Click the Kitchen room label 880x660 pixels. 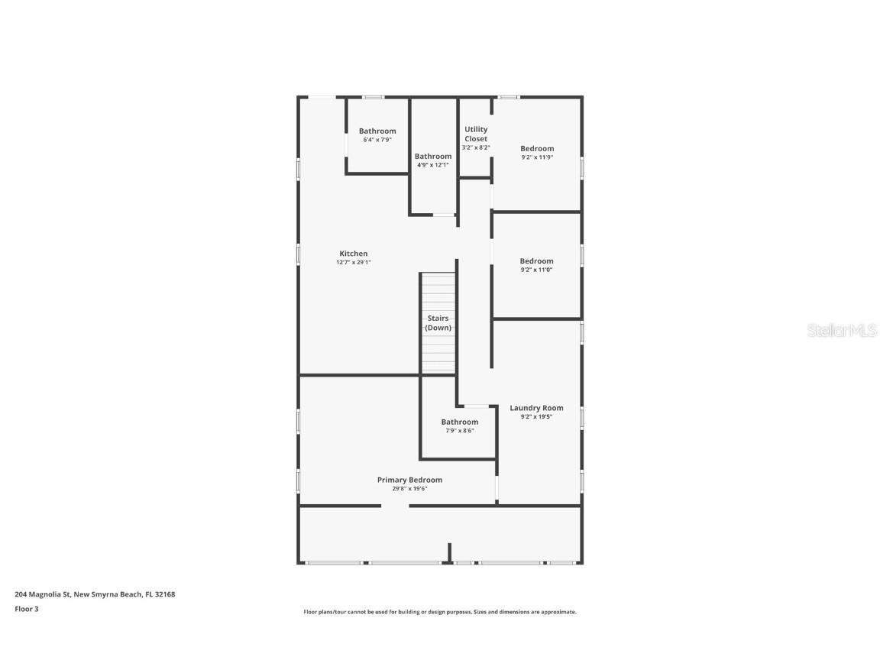click(x=353, y=254)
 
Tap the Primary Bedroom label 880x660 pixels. click(x=409, y=480)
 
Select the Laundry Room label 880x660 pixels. click(x=536, y=408)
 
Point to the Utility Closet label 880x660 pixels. click(x=476, y=134)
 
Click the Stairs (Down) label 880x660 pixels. click(x=438, y=322)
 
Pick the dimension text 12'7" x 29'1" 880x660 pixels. click(x=353, y=263)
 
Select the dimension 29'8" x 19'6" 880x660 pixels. click(x=409, y=489)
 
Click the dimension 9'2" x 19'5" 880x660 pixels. click(x=536, y=417)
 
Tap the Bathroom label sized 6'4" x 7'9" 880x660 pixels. click(x=377, y=131)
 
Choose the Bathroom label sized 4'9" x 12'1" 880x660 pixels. click(x=433, y=156)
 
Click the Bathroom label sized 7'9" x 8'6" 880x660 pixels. click(x=459, y=422)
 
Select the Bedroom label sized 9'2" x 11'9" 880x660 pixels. click(x=537, y=148)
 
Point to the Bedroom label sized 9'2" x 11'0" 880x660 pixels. click(x=536, y=261)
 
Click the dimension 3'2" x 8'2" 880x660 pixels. click(x=476, y=147)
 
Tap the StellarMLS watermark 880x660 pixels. click(x=841, y=330)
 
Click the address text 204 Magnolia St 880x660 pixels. click(x=43, y=594)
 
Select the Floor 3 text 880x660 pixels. click(x=26, y=609)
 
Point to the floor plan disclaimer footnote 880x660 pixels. click(x=440, y=612)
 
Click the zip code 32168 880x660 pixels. click(x=165, y=594)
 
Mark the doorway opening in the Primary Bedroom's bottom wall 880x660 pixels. click(x=395, y=506)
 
